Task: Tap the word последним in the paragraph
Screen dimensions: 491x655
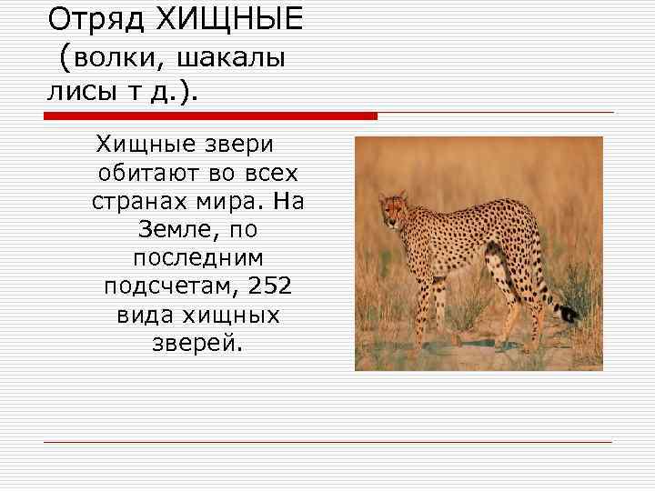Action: pyautogui.click(x=197, y=258)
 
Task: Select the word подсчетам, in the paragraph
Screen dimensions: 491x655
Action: pyautogui.click(x=166, y=286)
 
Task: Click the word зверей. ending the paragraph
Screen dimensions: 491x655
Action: pyautogui.click(x=196, y=344)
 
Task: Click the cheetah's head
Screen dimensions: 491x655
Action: pyautogui.click(x=392, y=208)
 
